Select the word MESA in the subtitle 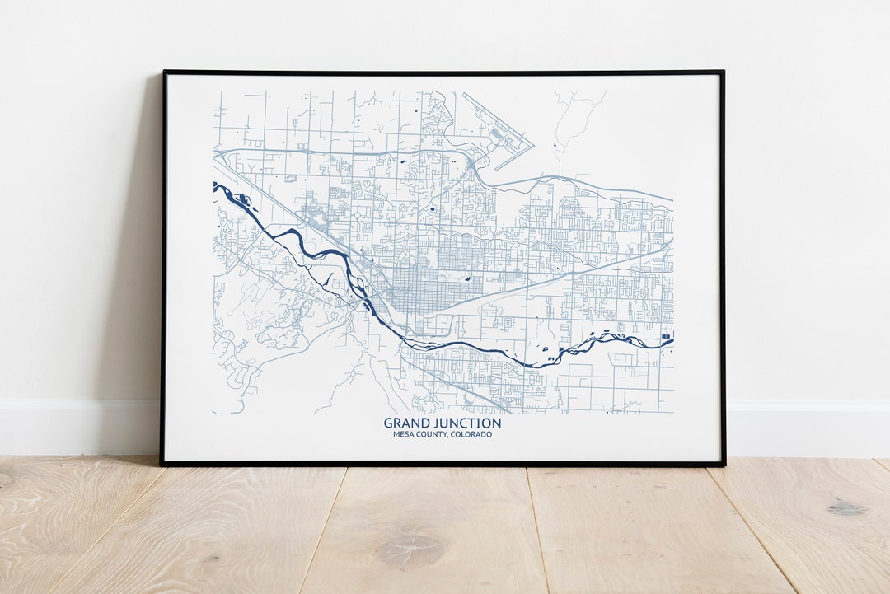coord(404,434)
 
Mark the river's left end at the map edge coord(216,187)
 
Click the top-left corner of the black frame coord(164,72)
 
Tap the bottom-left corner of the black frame coord(162,464)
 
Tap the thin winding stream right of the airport coord(569,124)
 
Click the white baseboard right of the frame coord(808,428)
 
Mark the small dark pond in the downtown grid coord(467,278)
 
